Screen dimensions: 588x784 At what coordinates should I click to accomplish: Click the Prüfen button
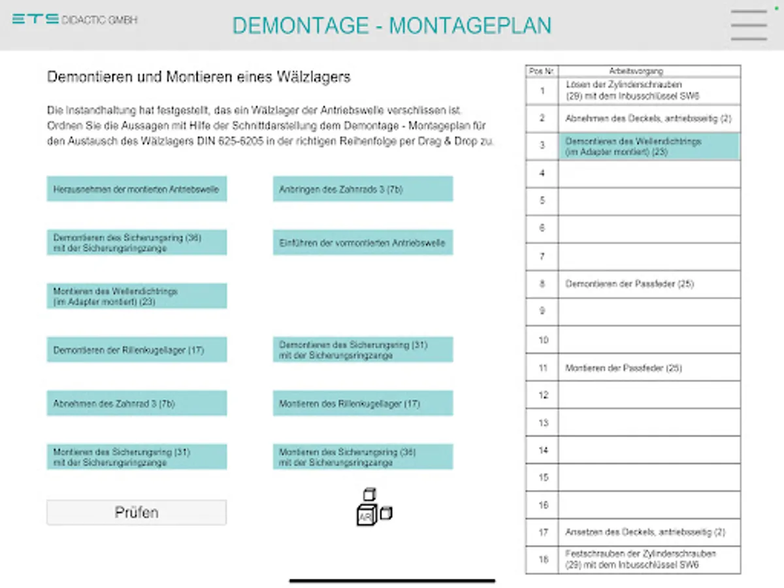point(137,512)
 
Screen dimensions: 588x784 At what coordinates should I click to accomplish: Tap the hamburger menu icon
point(749,25)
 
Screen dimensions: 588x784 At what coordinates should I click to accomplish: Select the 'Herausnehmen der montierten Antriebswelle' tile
point(137,189)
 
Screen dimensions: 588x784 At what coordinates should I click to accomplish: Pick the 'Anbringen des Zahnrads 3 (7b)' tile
point(363,189)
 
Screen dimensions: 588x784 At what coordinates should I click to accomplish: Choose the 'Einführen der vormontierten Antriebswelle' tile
point(363,242)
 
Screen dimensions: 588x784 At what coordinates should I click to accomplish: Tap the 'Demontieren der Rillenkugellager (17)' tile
point(137,350)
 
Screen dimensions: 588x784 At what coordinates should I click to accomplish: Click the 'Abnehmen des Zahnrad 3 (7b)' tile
point(137,403)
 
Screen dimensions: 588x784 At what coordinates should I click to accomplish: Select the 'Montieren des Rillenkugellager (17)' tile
point(363,403)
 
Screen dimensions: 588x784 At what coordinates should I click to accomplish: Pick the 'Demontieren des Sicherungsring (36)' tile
point(137,242)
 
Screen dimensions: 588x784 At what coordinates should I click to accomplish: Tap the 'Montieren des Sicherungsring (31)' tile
point(137,457)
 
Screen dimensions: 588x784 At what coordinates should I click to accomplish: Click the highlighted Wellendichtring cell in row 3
point(649,146)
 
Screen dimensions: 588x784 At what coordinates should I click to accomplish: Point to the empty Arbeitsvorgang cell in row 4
point(649,174)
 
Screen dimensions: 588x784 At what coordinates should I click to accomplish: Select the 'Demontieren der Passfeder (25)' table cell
point(649,284)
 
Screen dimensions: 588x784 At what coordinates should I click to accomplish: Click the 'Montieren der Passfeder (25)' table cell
point(649,368)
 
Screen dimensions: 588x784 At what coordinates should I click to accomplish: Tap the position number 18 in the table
point(542,560)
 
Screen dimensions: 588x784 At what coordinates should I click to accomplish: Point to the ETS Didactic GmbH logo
point(74,20)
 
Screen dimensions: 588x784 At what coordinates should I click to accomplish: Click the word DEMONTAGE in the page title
point(301,25)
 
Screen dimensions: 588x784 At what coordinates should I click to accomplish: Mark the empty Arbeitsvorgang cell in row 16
point(649,505)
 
